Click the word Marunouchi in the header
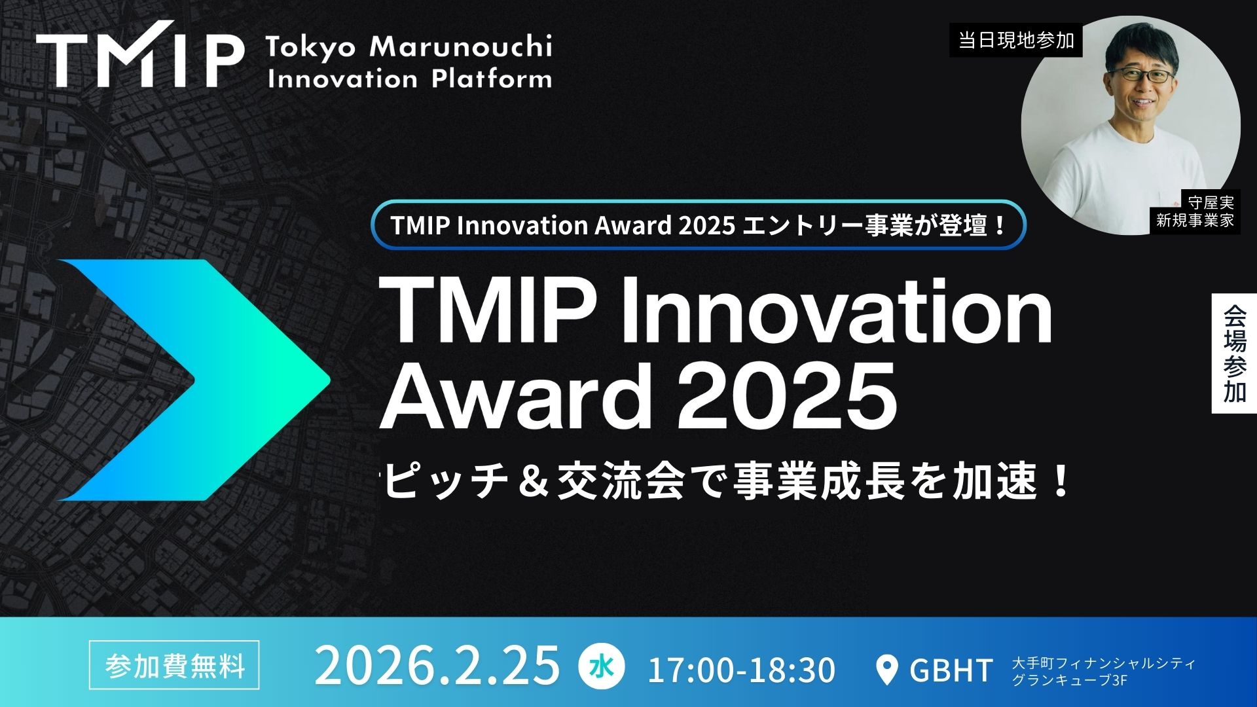tap(461, 47)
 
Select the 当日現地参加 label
tap(1016, 41)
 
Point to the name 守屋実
tap(1211, 204)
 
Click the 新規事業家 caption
tap(1195, 221)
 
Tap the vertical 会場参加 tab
tap(1234, 353)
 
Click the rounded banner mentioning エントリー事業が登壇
tap(698, 225)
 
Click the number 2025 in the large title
tap(786, 395)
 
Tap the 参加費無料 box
tap(174, 665)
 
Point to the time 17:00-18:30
tap(741, 670)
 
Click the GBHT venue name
tap(951, 670)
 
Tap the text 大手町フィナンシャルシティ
tap(1104, 662)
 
